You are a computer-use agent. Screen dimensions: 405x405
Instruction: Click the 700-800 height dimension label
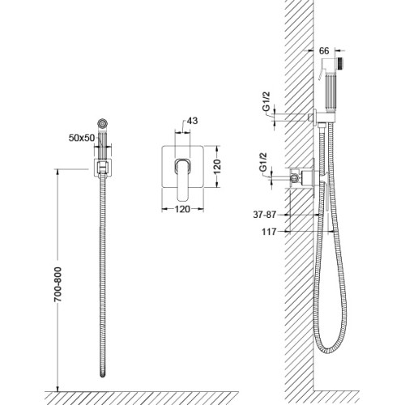58,284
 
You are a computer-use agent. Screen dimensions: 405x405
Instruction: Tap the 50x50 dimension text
82,138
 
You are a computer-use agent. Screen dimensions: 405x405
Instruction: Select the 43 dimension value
192,121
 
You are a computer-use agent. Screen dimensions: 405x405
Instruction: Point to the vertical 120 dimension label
217,166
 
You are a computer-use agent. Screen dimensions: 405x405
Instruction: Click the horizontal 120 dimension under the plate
182,209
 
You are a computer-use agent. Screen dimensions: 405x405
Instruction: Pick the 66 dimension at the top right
324,51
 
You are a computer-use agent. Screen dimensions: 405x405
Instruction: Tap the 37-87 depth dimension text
265,215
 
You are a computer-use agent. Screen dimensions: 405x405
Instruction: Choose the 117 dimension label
269,232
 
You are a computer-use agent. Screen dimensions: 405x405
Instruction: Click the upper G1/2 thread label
266,101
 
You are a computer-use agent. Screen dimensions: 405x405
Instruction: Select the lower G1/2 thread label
263,162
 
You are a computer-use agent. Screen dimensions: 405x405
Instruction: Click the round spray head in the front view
102,124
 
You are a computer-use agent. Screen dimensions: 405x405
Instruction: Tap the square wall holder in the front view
103,168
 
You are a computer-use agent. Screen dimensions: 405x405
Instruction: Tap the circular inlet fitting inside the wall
294,177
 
